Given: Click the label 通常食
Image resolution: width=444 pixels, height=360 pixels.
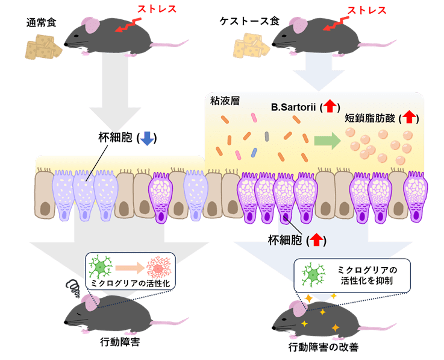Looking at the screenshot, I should (41, 23).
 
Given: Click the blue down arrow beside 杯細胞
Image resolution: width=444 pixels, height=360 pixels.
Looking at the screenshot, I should (146, 139).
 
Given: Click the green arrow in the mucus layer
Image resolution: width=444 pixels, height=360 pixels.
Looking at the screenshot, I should (326, 142).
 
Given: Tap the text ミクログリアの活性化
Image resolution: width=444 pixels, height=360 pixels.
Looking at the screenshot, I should (129, 282).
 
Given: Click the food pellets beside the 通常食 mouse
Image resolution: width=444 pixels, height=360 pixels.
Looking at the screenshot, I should (43, 46).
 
